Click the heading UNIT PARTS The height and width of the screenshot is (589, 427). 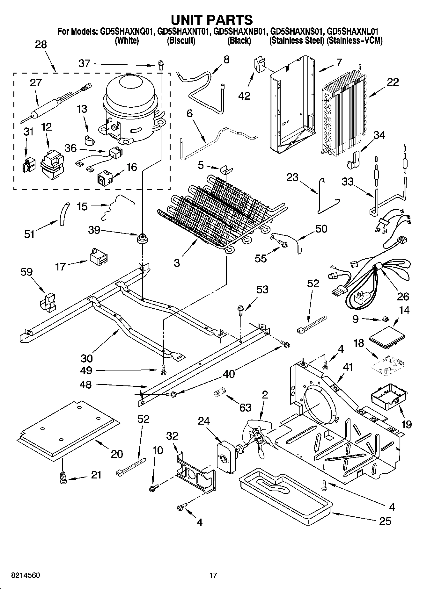(x=212, y=20)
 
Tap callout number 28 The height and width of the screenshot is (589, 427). (x=41, y=45)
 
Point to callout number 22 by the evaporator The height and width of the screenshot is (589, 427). (x=393, y=82)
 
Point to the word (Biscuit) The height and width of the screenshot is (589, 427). (x=181, y=41)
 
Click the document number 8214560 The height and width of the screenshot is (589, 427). (x=21, y=575)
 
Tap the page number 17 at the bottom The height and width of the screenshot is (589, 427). (x=213, y=575)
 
